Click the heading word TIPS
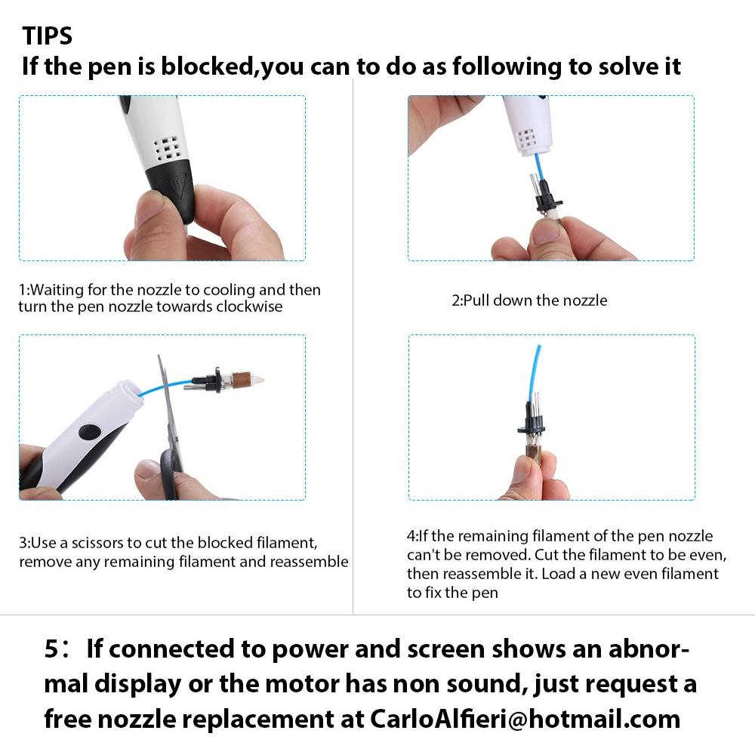(47, 36)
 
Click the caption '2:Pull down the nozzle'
(529, 300)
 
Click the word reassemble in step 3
(309, 562)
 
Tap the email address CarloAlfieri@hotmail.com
(525, 719)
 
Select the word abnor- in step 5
(648, 649)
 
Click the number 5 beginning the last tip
(52, 649)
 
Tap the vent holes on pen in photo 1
(167, 148)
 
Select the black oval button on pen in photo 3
(90, 431)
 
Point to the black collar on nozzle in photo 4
(532, 424)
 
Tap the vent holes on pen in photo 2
(527, 138)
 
